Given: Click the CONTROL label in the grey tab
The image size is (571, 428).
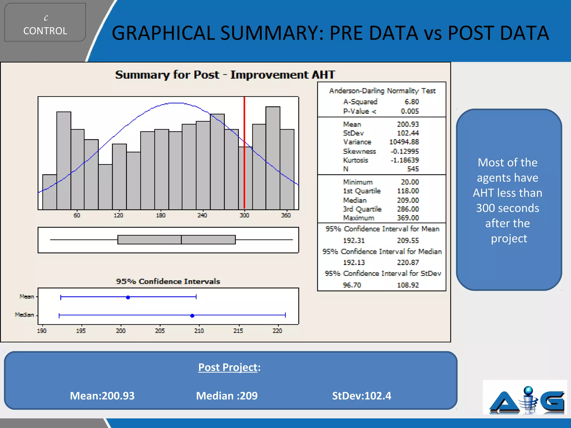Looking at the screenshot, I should click(45, 31).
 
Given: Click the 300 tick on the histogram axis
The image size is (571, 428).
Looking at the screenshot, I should click(244, 215).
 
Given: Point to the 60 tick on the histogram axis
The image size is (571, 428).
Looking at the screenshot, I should click(77, 215).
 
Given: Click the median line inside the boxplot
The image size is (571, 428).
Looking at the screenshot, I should click(181, 240).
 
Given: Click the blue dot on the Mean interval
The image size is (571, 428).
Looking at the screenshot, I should click(128, 297).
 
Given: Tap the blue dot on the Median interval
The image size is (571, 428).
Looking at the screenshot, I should click(192, 315).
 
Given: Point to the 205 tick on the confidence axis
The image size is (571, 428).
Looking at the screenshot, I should click(160, 330).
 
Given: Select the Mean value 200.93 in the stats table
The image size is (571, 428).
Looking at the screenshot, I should click(408, 124).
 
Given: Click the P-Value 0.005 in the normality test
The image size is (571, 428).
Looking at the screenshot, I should click(410, 111).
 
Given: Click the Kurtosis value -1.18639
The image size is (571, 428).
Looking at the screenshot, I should click(405, 160).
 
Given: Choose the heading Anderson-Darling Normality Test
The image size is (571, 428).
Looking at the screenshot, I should click(382, 91).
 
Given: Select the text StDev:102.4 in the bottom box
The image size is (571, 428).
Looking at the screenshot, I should click(361, 396).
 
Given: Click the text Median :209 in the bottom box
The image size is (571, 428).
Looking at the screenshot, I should click(227, 396).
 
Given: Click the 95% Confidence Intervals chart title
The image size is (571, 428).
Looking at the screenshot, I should click(168, 281).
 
